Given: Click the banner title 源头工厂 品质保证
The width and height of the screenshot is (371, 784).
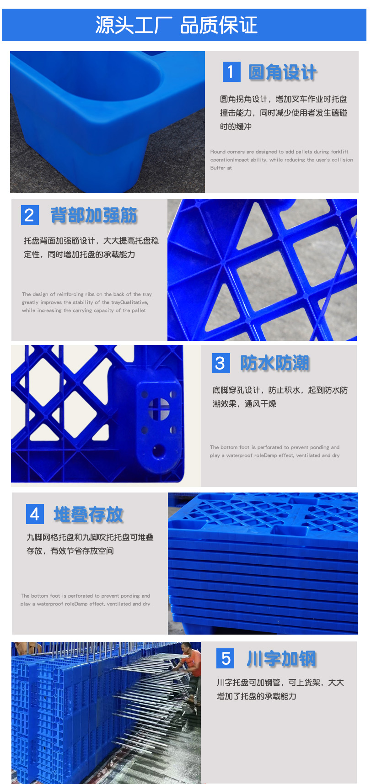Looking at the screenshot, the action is (176, 25).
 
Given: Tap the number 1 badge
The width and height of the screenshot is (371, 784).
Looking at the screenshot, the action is (231, 72).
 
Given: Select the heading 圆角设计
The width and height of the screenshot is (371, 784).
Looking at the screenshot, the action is (282, 72).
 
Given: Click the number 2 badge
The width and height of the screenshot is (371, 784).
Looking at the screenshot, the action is (30, 215).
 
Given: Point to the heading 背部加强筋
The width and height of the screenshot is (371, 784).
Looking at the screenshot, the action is (94, 215).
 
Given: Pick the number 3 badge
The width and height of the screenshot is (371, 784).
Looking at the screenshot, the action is (220, 363).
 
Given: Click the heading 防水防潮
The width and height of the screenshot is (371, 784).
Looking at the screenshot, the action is (275, 363).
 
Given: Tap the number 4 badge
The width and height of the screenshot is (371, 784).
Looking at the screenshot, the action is (35, 514).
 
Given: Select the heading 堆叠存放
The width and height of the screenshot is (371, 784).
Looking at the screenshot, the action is (89, 514).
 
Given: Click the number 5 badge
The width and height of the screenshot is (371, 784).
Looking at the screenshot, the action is (226, 658).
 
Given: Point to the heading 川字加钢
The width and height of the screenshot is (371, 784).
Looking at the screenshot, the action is (281, 659).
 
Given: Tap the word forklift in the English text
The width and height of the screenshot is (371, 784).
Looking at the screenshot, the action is (339, 152).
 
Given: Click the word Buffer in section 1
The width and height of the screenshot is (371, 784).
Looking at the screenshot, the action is (218, 168).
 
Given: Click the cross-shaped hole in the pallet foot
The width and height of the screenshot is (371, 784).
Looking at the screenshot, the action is (159, 408).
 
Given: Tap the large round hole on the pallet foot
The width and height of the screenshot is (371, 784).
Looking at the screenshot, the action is (159, 451).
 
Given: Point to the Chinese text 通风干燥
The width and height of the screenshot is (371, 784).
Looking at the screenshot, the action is (260, 404).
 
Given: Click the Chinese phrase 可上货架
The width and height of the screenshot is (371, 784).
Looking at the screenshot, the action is (304, 683).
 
